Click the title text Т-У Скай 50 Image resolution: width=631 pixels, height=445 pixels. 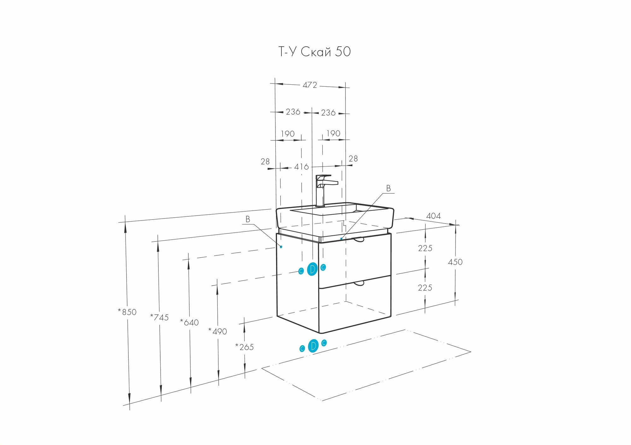pos(315,52)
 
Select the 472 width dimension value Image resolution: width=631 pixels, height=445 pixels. pos(310,85)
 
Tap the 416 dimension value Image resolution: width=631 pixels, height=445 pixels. pos(301,167)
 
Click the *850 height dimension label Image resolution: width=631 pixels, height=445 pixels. pos(127,312)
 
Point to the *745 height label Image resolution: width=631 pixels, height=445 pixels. pos(159,317)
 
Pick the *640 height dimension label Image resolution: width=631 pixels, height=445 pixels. pos(189,322)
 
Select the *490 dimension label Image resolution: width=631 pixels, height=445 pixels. pos(218,331)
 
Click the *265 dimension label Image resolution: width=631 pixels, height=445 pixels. pos(245,347)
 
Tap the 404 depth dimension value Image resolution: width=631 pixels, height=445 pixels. pos(433,216)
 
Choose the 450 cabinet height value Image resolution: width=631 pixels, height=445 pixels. pos(455,262)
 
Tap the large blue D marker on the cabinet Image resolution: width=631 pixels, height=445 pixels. pos(312,269)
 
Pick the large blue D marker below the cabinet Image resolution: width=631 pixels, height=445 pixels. pos(313,346)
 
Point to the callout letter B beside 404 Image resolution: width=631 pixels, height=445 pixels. pos(388,188)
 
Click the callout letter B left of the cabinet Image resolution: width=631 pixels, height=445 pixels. pos(248,219)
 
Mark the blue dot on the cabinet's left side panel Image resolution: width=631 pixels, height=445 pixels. pos(281,247)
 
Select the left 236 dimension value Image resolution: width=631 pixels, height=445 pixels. pos(293,112)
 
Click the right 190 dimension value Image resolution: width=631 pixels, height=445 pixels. pos(333,134)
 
